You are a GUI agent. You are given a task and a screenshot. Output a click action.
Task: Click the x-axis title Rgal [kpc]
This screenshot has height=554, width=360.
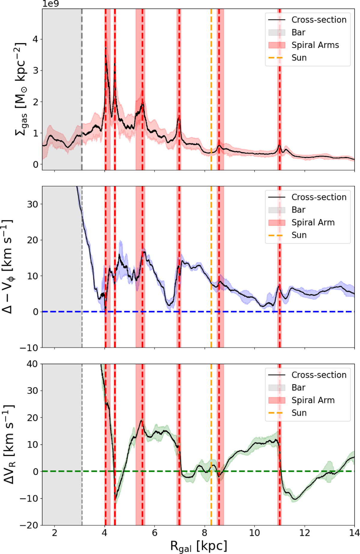(199, 546)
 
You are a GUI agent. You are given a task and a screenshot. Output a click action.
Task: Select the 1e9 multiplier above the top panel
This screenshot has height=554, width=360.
(50, 4)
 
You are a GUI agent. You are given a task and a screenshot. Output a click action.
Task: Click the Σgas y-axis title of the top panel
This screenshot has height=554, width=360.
(21, 89)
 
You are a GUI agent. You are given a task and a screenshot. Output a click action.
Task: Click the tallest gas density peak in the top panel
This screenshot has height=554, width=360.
(106, 48)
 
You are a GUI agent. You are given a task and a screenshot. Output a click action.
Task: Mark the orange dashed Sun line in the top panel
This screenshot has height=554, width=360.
(211, 89)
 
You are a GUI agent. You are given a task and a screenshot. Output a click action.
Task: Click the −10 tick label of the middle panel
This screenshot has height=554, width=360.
(29, 348)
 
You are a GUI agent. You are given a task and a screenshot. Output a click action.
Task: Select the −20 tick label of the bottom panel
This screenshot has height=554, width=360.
(29, 526)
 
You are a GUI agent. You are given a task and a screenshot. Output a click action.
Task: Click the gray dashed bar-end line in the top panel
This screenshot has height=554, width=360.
(82, 89)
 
